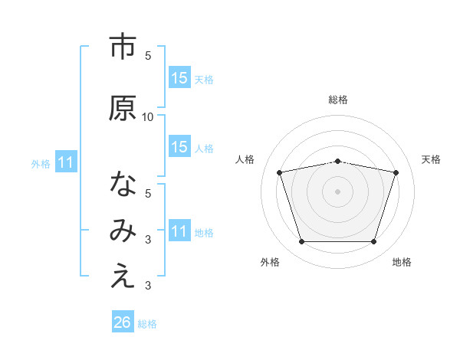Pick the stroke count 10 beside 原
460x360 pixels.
coord(148,117)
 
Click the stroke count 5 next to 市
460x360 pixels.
coord(148,56)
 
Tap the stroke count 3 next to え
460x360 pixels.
coord(148,286)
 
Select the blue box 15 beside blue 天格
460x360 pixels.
coord(179,78)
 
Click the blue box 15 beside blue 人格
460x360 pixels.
coord(179,147)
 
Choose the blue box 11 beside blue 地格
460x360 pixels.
coord(179,231)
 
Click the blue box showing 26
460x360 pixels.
coord(123,322)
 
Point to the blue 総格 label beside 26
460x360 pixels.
coord(147,324)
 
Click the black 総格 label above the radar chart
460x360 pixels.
coord(338,100)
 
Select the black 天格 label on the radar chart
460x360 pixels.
coord(432,159)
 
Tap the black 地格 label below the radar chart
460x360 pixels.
coord(402,263)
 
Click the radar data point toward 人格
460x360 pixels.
coord(280,172)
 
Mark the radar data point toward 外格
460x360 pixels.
coord(301,242)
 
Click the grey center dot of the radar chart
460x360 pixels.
coord(338,191)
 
